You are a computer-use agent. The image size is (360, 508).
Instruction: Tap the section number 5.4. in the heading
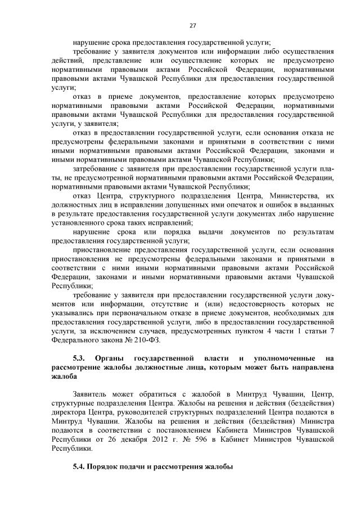point(82,468)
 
